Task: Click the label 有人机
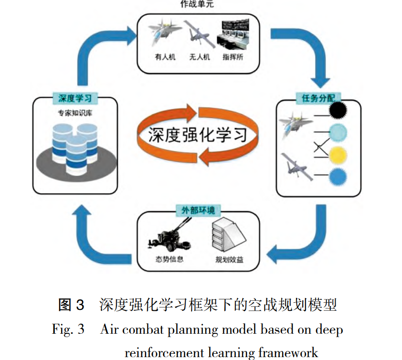click(165, 57)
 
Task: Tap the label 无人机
click(200, 57)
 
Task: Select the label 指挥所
click(233, 57)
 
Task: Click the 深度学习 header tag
click(75, 98)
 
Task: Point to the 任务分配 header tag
click(318, 98)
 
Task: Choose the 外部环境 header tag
click(198, 211)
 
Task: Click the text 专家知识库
click(75, 113)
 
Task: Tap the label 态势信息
click(169, 259)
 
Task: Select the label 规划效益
click(229, 259)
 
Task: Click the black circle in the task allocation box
click(338, 110)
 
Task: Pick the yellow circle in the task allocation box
click(338, 155)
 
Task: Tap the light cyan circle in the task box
click(338, 132)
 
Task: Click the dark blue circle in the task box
click(338, 177)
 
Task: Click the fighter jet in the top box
click(164, 32)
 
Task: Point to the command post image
click(233, 34)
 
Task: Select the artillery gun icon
click(169, 235)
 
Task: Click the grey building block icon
click(229, 234)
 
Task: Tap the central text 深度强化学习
click(198, 135)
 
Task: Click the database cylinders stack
click(75, 148)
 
